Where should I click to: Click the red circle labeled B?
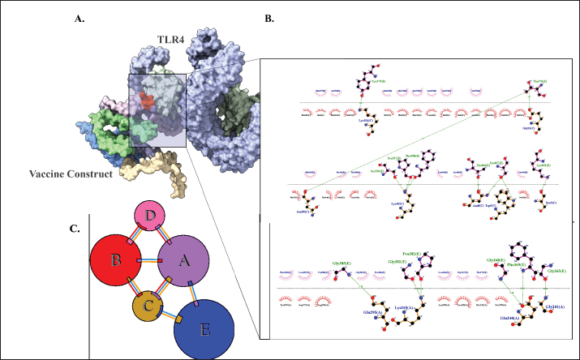click(116, 261)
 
